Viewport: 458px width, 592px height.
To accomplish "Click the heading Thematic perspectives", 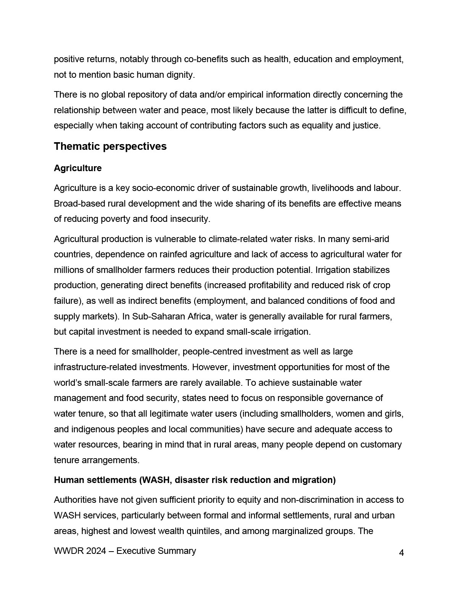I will click(110, 146).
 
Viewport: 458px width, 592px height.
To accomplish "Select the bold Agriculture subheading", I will click(78, 168).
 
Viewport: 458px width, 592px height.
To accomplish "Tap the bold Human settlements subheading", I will click(195, 480).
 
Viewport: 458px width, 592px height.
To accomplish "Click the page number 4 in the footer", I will click(402, 553).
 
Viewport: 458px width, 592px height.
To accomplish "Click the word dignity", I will click(181, 75).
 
